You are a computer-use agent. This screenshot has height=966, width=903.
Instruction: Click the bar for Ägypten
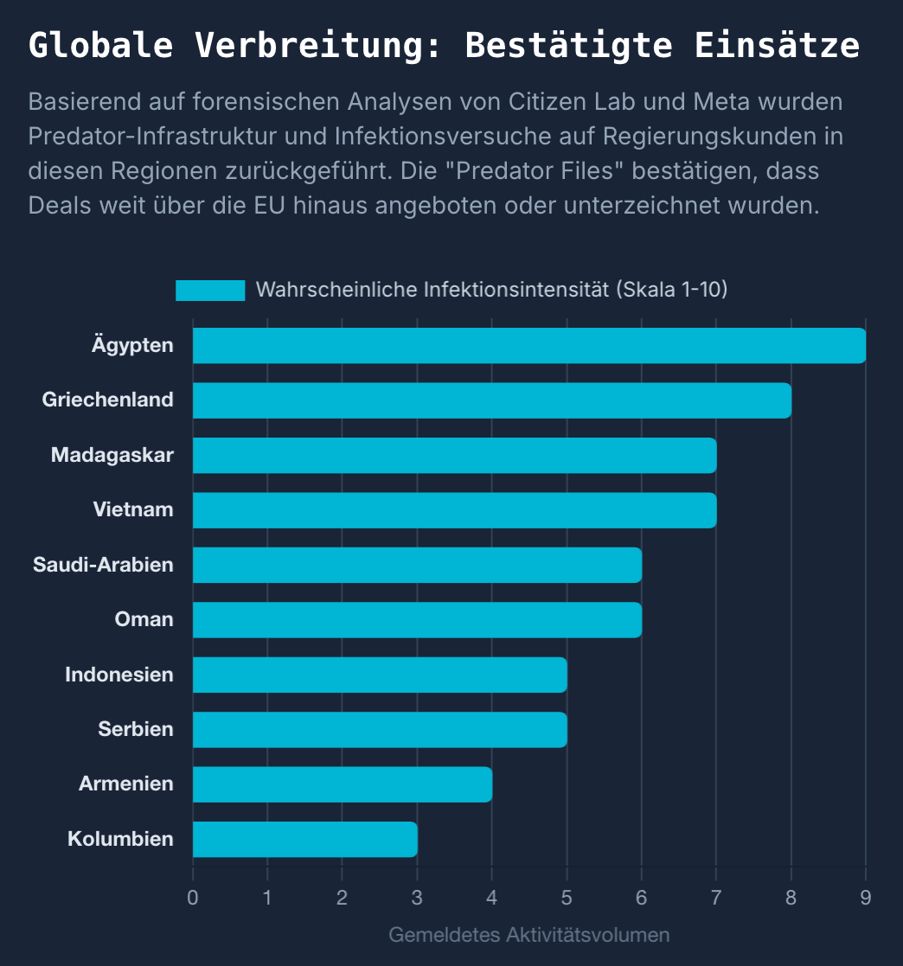pyautogui.click(x=528, y=345)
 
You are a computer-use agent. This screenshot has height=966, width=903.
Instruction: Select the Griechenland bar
pyautogui.click(x=491, y=400)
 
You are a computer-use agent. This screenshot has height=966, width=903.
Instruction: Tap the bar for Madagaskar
pyautogui.click(x=454, y=455)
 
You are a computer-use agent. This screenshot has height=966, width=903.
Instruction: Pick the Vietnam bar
pyautogui.click(x=454, y=510)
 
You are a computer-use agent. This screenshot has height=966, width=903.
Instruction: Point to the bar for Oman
pyautogui.click(x=417, y=620)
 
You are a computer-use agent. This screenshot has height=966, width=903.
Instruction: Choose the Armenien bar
pyautogui.click(x=342, y=784)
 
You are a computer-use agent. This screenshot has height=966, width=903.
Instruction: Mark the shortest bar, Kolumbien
pyautogui.click(x=304, y=839)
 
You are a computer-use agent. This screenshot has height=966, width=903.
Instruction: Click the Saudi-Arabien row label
pyautogui.click(x=103, y=565)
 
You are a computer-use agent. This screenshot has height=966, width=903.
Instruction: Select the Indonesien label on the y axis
pyautogui.click(x=119, y=675)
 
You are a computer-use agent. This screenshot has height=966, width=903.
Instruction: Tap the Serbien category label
pyautogui.click(x=136, y=729)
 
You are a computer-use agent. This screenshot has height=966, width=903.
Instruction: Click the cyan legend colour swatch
pyautogui.click(x=210, y=290)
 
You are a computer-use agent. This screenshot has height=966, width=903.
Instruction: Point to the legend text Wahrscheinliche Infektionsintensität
pyautogui.click(x=491, y=290)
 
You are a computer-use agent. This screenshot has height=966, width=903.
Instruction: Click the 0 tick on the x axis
pyautogui.click(x=193, y=897)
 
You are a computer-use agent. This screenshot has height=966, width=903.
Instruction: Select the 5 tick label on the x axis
pyautogui.click(x=567, y=897)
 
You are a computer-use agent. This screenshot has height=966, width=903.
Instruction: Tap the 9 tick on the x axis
pyautogui.click(x=865, y=897)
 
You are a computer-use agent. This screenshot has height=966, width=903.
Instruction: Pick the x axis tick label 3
pyautogui.click(x=417, y=897)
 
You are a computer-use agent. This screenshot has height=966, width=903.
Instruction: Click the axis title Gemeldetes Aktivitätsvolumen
pyautogui.click(x=528, y=935)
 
